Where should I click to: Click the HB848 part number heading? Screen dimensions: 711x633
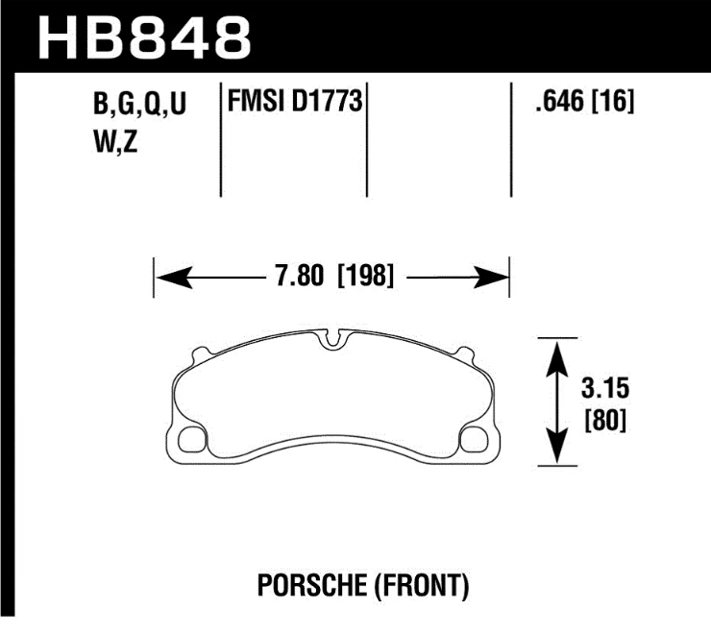(144, 38)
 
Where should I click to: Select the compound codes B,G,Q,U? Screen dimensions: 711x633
(139, 104)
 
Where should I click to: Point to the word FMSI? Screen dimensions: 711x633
(256, 100)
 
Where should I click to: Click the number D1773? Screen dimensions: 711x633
(327, 100)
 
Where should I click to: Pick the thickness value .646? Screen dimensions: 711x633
(560, 101)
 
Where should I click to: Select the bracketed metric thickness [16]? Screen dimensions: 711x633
(612, 101)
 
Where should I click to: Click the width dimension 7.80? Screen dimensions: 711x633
(300, 276)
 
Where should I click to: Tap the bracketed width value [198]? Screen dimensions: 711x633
(366, 276)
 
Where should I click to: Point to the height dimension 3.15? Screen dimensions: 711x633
(605, 389)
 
